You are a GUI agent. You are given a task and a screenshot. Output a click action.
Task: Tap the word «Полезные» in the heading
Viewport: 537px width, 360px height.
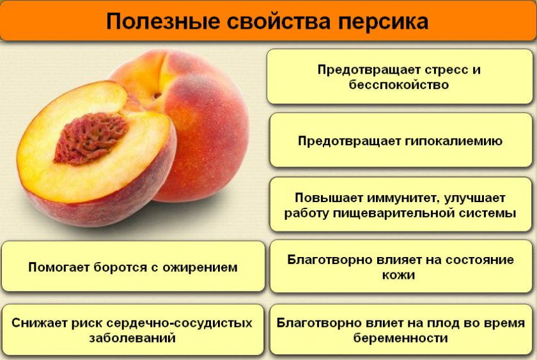pos(162,21)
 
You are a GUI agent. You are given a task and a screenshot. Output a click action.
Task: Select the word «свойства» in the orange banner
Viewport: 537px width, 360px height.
pos(279,21)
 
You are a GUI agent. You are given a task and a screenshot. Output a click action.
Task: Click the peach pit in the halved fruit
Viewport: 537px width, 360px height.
pos(91,137)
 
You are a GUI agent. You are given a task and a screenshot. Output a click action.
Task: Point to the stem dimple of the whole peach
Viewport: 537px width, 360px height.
pos(157,95)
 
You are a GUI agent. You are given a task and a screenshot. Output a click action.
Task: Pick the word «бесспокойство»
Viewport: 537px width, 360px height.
pos(399,84)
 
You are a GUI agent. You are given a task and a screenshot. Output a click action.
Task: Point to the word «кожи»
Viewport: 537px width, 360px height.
pos(398,275)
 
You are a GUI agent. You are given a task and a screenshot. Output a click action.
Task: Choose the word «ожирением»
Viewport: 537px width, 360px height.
pos(199,267)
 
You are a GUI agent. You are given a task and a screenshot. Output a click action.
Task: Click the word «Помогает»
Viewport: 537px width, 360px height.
pos(59,267)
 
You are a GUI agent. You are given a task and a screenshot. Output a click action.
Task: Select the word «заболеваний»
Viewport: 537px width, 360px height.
pos(132,338)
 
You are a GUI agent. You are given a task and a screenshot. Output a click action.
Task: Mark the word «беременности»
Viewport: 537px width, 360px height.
pos(400,339)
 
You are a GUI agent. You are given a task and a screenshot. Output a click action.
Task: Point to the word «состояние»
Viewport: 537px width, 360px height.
pos(473,260)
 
